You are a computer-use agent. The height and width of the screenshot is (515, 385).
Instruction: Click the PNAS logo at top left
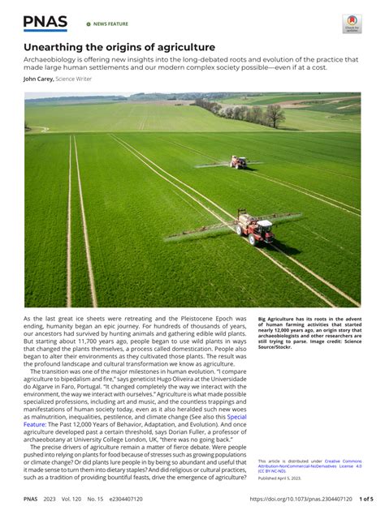45,23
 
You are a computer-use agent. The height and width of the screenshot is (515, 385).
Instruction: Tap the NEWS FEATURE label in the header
110,24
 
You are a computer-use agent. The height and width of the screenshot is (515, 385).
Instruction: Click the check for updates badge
351,24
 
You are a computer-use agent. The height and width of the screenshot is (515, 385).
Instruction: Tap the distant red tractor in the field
238,162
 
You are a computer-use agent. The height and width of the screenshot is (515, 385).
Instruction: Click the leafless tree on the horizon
275,116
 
